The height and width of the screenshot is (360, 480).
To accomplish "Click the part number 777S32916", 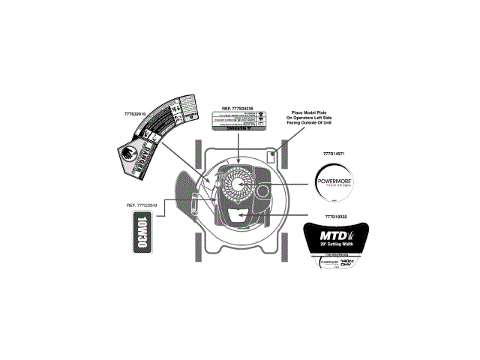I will click(129, 114).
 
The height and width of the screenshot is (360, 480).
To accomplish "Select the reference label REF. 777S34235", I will click(237, 108).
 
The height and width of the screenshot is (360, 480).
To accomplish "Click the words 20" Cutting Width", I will click(335, 246).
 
